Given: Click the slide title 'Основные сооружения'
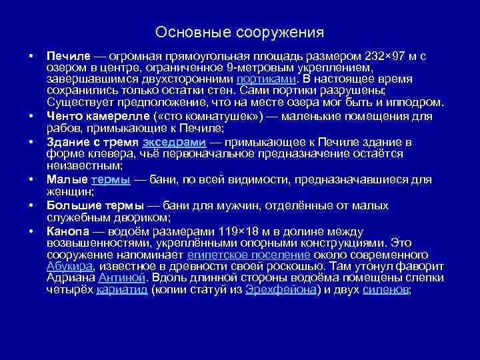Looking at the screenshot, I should (239, 32).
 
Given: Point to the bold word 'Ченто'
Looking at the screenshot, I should (65, 115).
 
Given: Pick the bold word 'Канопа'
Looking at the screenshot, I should (66, 231).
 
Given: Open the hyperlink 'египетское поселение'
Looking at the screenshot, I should (249, 254).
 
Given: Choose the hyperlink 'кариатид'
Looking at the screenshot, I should (123, 290).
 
